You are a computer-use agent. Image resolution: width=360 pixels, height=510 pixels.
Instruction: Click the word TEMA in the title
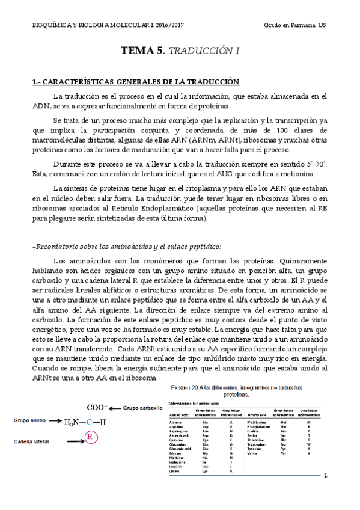[136, 52]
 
